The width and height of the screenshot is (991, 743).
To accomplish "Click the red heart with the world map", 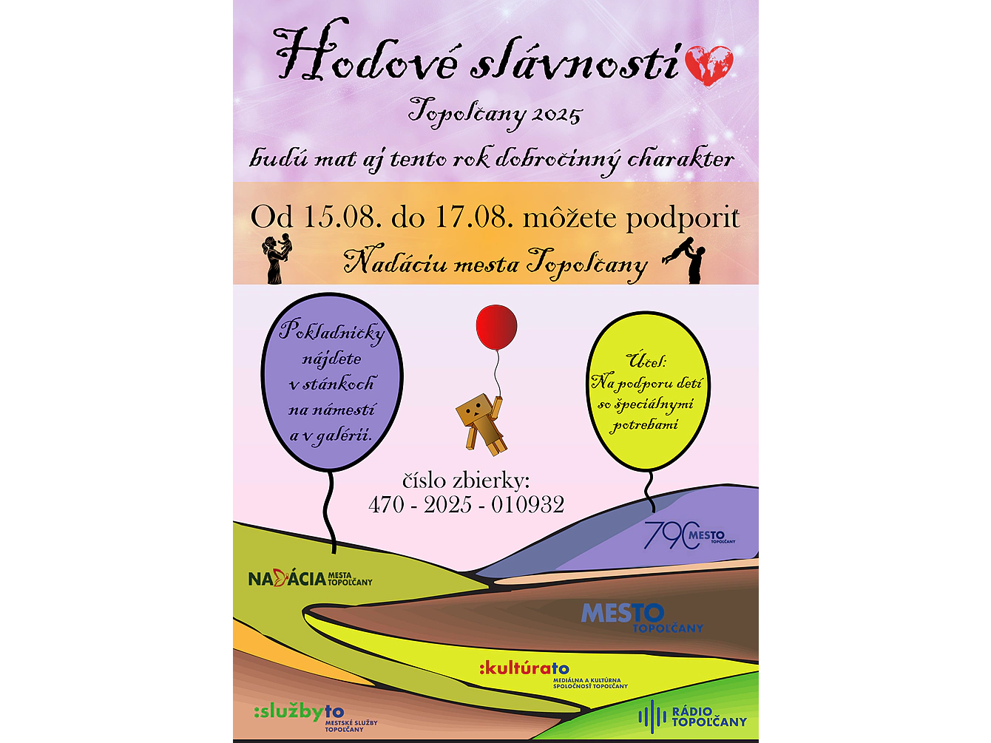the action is pos(708,66).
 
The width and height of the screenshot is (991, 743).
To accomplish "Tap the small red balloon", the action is pos(496,327).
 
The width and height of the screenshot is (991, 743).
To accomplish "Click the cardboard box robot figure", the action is pos(481,424).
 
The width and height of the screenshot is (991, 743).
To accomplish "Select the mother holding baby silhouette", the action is pos(277,259).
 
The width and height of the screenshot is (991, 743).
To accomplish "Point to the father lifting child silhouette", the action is pos(686,259).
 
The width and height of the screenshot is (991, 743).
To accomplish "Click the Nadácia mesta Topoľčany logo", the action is pos(310,578).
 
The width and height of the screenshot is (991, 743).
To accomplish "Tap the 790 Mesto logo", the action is pos(689,535).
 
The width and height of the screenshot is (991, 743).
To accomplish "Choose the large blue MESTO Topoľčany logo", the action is pos(642,617).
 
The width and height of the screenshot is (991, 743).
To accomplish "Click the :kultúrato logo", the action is pos(553,674).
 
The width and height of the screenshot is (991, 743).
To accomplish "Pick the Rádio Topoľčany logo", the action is pos(692,716).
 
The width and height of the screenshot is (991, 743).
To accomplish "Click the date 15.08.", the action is pos(339,217).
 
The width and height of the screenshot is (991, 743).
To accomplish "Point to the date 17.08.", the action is pos(474,217).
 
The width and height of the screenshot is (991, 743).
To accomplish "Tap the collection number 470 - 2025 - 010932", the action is pos(467,504).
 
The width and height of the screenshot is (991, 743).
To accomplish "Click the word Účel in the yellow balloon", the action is pos(646,361).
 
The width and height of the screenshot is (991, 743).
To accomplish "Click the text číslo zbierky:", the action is pos(466,481).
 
